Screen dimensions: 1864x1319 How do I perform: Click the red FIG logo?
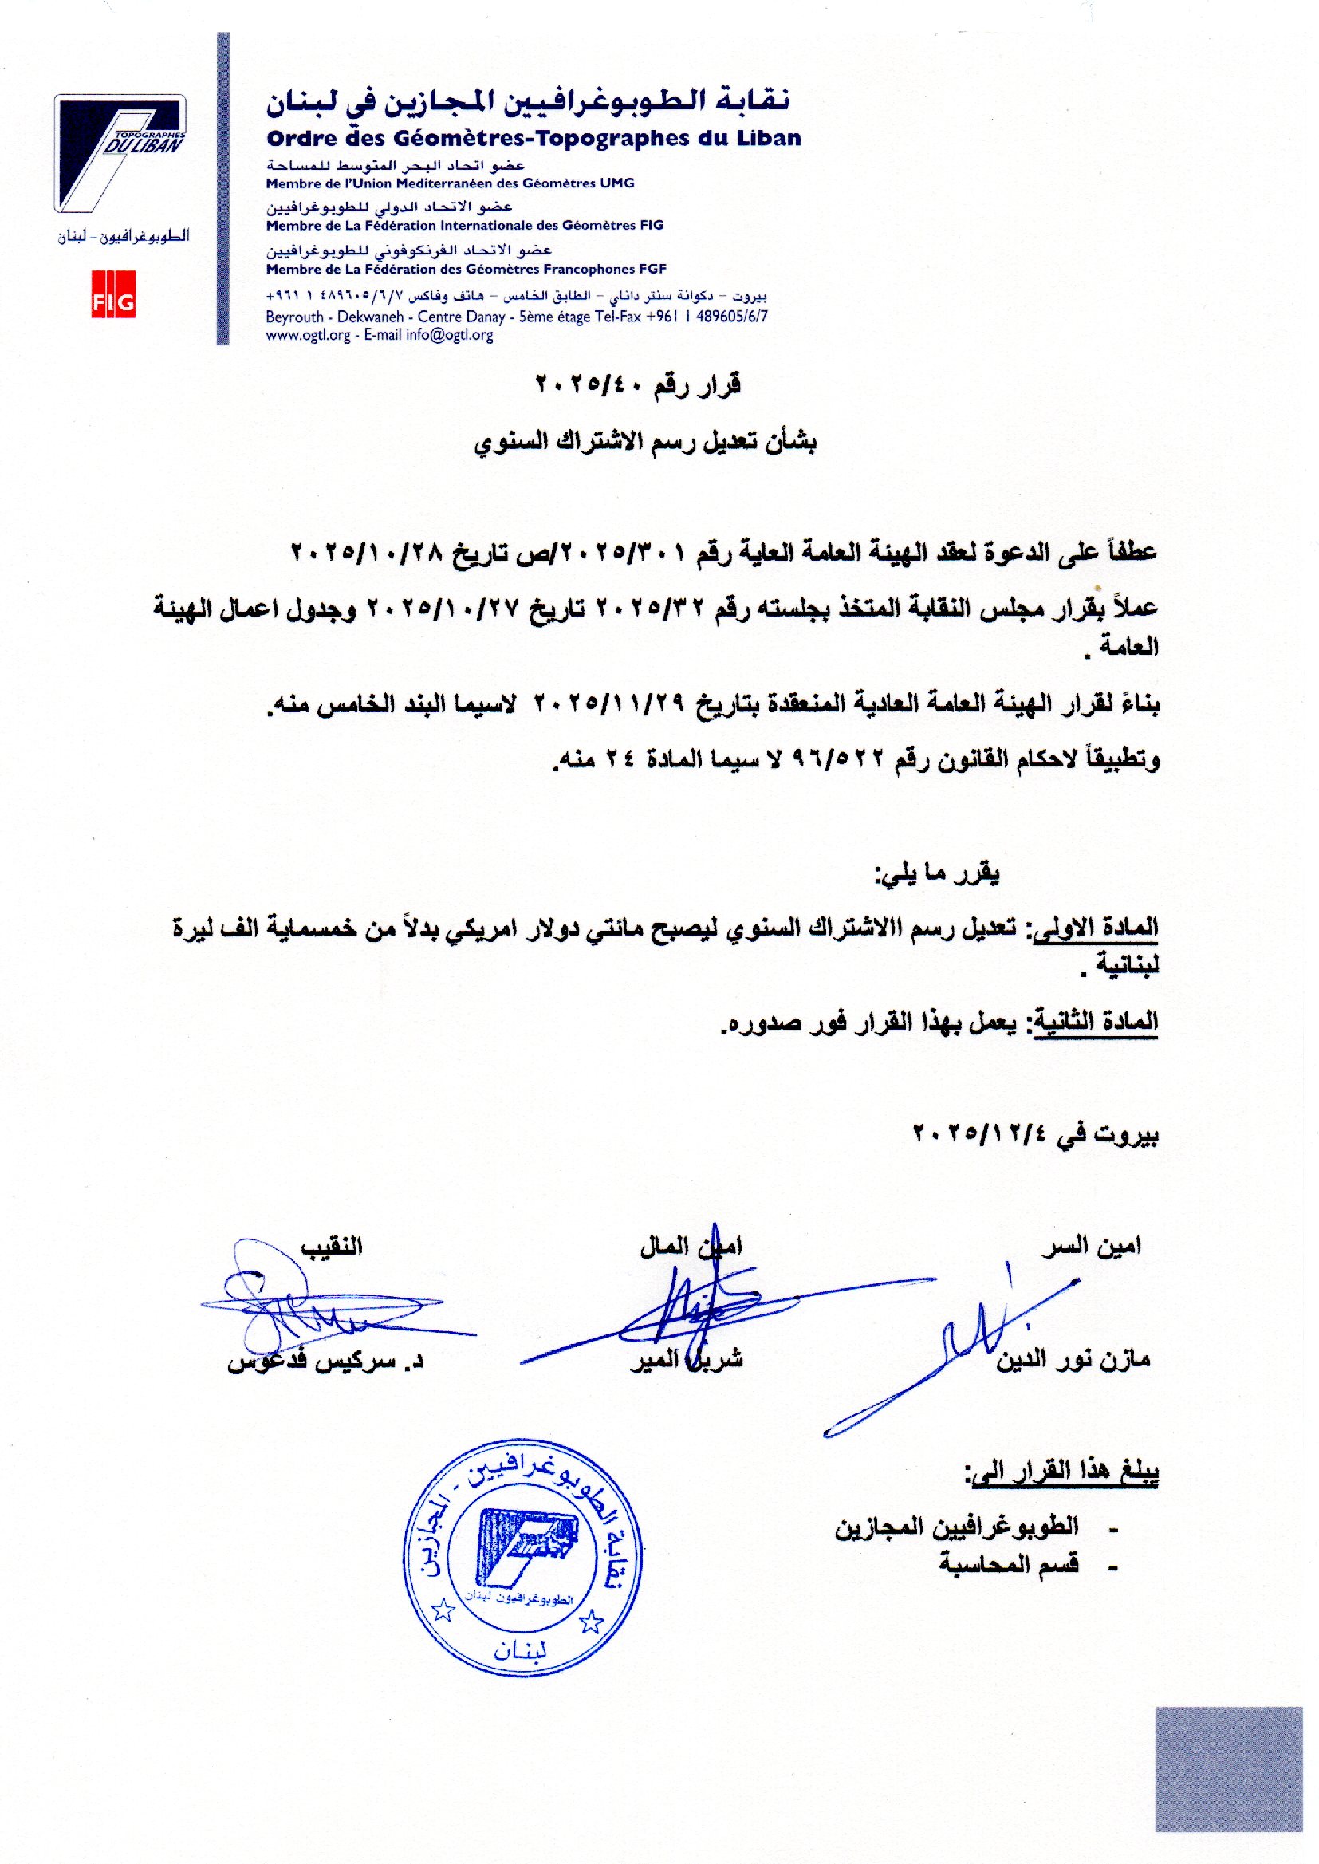(x=113, y=303)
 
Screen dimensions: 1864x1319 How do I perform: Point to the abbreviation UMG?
(x=617, y=183)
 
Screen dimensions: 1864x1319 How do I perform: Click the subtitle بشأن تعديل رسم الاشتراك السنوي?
(x=646, y=443)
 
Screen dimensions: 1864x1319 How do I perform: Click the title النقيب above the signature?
(x=333, y=1247)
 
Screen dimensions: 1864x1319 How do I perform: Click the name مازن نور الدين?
(x=1073, y=1360)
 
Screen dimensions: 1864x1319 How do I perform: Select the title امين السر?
(x=1092, y=1246)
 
